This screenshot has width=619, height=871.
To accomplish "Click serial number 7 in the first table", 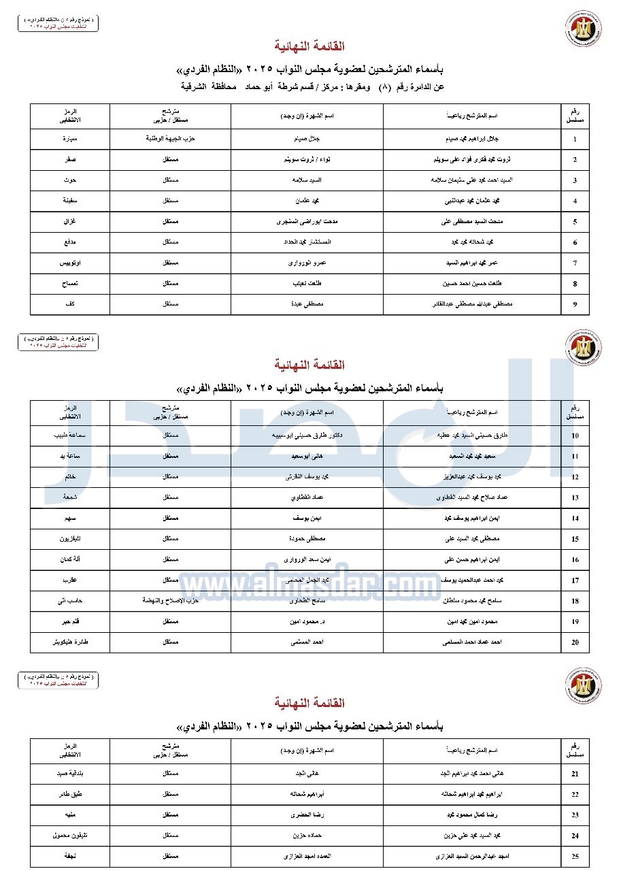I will [575, 263].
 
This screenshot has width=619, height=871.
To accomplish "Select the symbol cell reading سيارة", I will [70, 139].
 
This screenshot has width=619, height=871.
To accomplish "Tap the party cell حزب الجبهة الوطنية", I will [170, 139].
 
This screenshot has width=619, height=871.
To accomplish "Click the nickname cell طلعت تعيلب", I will [307, 284].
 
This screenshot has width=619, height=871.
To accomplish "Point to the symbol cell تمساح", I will [70, 284].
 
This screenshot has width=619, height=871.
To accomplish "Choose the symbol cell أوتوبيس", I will [70, 263].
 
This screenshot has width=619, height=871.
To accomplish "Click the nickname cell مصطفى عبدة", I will [307, 305].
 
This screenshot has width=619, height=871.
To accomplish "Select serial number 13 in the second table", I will [575, 498].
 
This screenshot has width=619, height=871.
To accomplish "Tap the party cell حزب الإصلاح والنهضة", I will [170, 601].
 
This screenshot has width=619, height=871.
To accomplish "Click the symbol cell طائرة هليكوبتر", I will [70, 642].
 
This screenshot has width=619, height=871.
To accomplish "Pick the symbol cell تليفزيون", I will [70, 539].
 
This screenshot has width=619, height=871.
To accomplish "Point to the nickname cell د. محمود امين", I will [307, 622].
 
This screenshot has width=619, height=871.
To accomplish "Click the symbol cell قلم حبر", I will [70, 622].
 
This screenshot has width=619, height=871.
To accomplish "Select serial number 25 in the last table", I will [575, 857].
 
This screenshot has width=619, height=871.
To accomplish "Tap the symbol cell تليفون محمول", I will [70, 836].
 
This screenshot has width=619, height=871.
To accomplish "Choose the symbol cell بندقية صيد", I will [70, 774].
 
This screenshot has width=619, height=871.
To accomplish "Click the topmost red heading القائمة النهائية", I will [309, 46].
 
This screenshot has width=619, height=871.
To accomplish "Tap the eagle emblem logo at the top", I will [583, 29].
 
